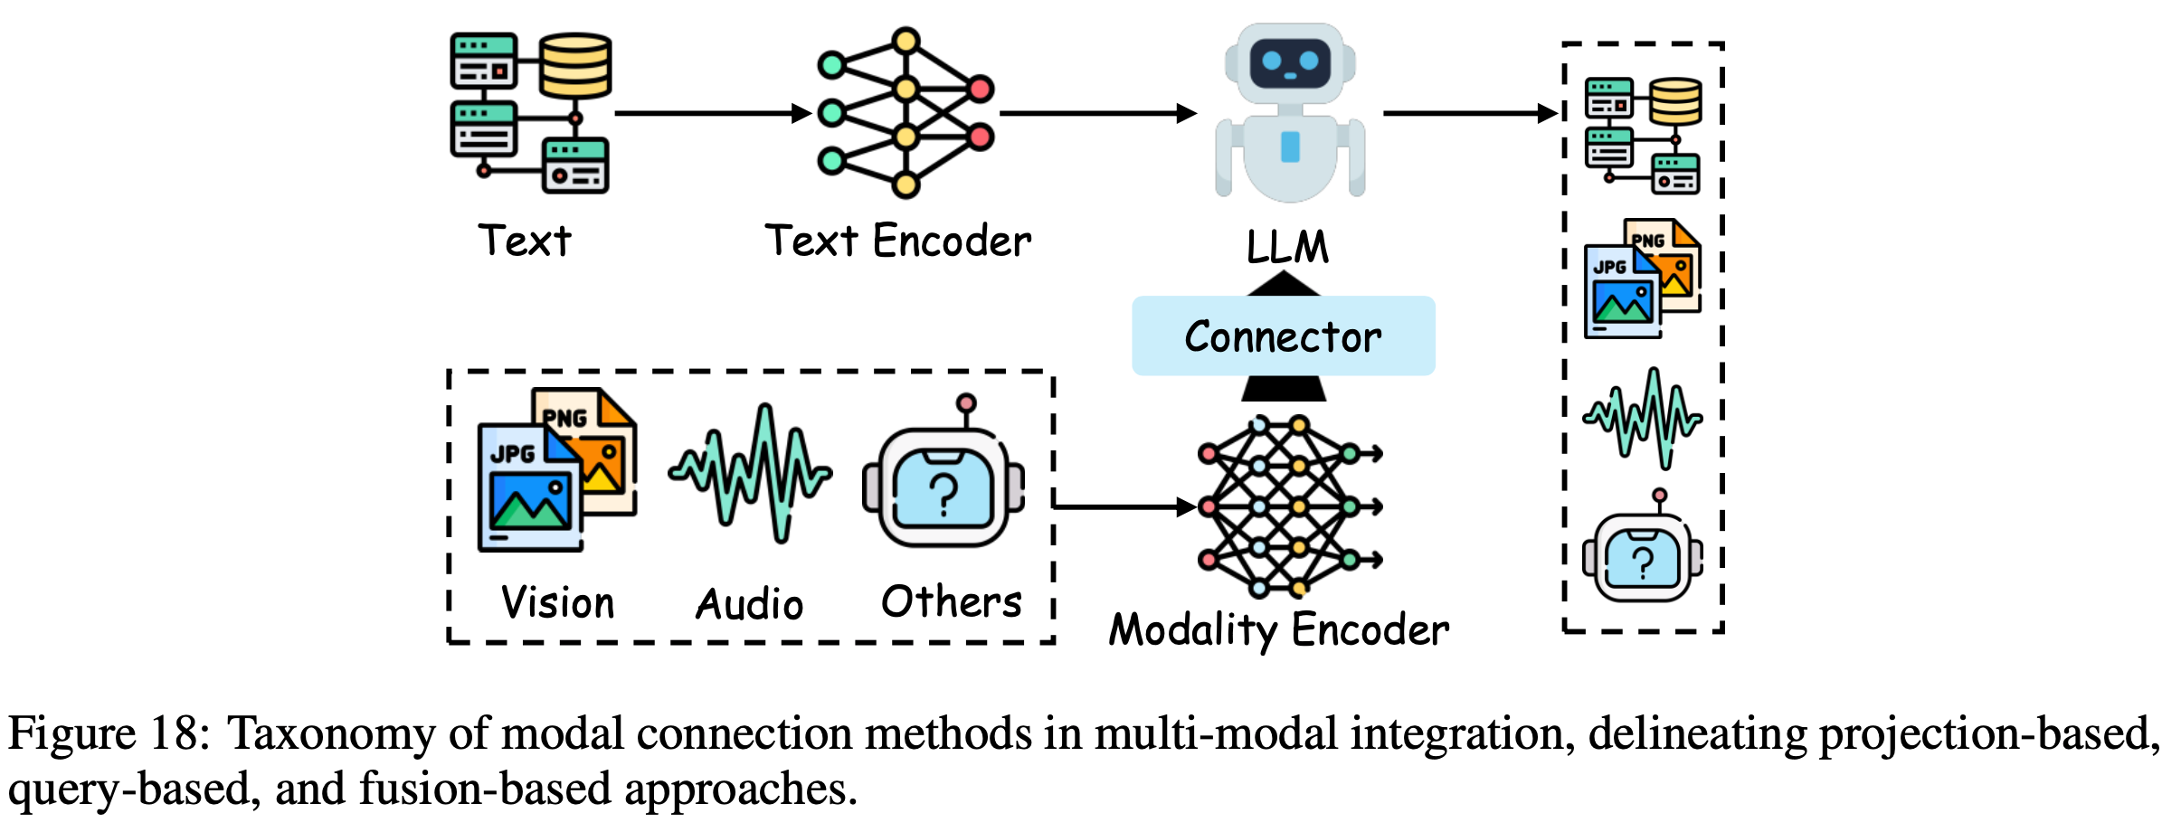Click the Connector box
pos(1283,336)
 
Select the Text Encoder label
pos(897,241)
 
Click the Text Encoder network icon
pos(906,113)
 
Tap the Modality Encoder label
pos(1278,629)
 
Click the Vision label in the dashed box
pos(557,602)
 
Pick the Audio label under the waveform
pos(749,604)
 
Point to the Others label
pos(951,602)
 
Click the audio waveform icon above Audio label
pos(750,473)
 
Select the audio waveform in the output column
pos(1642,418)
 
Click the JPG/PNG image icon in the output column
pos(1642,278)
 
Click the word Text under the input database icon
pos(525,241)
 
